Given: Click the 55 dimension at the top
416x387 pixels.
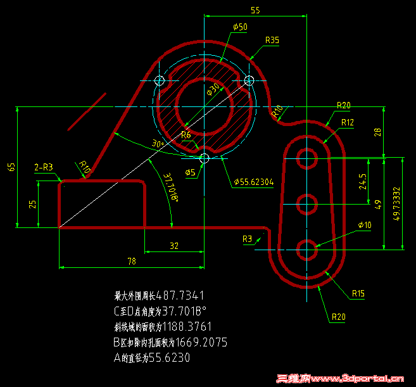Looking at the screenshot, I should (x=255, y=11).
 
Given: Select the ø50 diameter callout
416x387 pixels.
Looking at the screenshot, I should (x=240, y=27).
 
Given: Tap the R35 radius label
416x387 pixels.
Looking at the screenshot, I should (x=272, y=40).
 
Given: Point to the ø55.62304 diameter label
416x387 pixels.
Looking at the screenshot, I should (x=253, y=182).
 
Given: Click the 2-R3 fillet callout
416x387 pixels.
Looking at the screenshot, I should (x=44, y=167).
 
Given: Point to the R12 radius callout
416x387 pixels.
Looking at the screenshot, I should (x=347, y=122).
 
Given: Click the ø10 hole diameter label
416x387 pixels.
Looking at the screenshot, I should (x=364, y=225).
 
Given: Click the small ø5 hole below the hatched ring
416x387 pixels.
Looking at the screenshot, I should (x=204, y=157).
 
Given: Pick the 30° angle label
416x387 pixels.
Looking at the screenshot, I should (x=158, y=144).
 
